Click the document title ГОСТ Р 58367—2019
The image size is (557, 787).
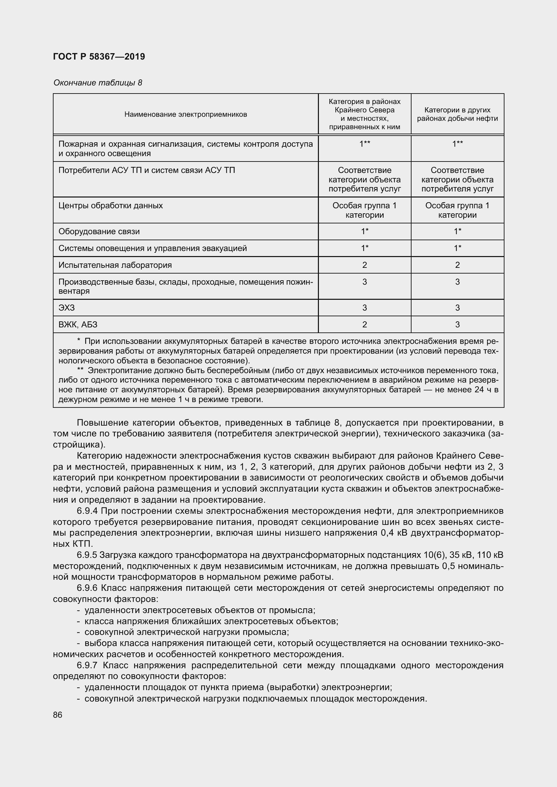pyautogui.click(x=99, y=57)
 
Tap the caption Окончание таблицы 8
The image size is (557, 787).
pyautogui.click(x=98, y=83)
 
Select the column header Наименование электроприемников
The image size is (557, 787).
pyautogui.click(x=186, y=114)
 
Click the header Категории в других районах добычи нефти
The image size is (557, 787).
pyautogui.click(x=457, y=114)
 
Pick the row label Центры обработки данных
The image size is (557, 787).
pyautogui.click(x=110, y=206)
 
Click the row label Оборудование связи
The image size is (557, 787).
pyautogui.click(x=99, y=232)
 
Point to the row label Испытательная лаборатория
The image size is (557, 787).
pyautogui.click(x=115, y=265)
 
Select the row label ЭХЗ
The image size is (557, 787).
pyautogui.click(x=67, y=308)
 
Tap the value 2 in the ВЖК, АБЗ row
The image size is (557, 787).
pyautogui.click(x=364, y=324)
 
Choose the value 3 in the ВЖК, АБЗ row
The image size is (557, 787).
pyautogui.click(x=457, y=324)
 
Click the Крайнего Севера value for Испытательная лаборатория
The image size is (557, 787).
pyautogui.click(x=364, y=265)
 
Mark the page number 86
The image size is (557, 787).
pyautogui.click(x=58, y=715)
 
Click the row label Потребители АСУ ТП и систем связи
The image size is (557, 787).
pyautogui.click(x=147, y=170)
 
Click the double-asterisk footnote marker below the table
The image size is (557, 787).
pyautogui.click(x=80, y=370)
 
